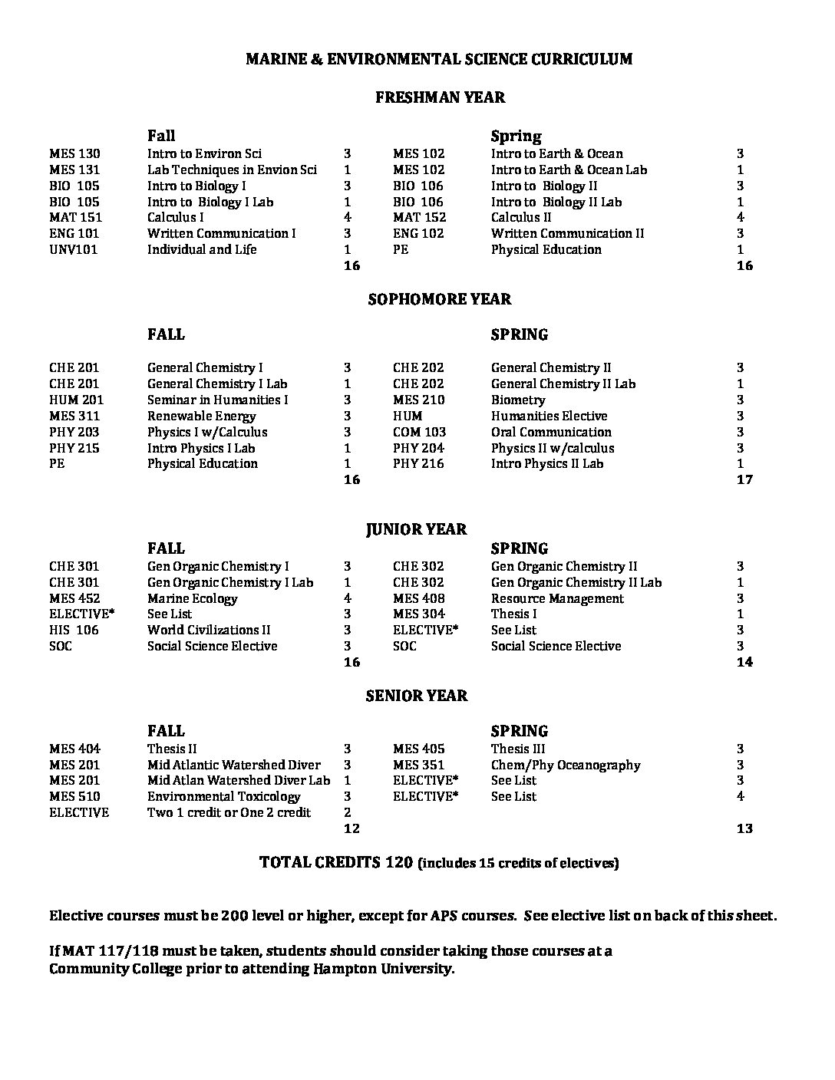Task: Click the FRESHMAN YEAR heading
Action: coord(440,97)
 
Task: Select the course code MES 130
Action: coord(74,153)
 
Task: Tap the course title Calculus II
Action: coord(521,217)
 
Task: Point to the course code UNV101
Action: coord(73,249)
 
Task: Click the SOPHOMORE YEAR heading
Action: coord(440,299)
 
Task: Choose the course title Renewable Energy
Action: coord(201,416)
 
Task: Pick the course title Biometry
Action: coord(518,400)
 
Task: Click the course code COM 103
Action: coord(419,432)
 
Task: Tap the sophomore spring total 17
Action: coord(744,479)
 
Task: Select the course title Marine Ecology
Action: coord(192,598)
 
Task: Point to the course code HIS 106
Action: coord(74,630)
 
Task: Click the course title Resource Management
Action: coord(557,598)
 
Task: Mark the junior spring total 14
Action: coord(744,662)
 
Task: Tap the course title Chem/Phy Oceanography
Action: coord(565,765)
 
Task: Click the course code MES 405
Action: coord(418,749)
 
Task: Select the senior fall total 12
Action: coord(351,828)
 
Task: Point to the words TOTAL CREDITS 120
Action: coord(336,862)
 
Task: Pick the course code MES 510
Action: coord(74,796)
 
